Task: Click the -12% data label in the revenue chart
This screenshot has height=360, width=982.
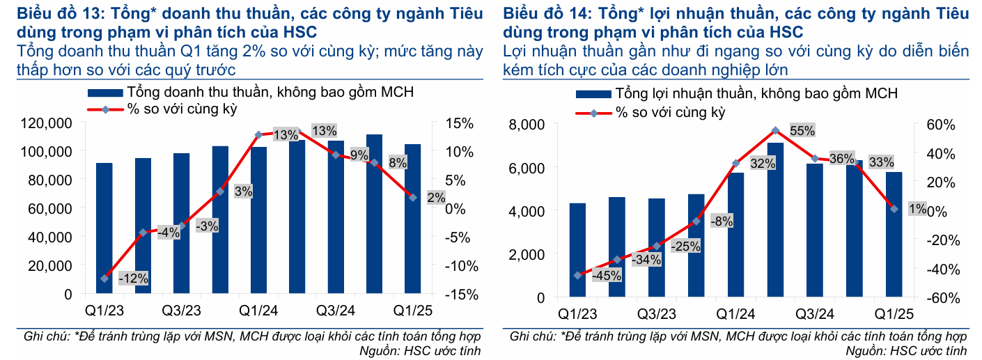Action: click(x=133, y=279)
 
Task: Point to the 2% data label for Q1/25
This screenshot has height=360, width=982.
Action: click(x=436, y=198)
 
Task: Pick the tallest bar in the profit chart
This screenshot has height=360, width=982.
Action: click(x=775, y=219)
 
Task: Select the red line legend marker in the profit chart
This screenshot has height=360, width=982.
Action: click(x=593, y=113)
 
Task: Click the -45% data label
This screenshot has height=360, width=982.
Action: click(x=606, y=275)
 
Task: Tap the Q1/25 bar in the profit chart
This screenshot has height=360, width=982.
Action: click(x=894, y=234)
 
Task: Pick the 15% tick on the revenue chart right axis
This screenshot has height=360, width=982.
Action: click(x=458, y=123)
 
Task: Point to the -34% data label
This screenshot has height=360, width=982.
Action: click(x=646, y=260)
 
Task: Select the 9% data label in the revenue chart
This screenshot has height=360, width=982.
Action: click(x=359, y=155)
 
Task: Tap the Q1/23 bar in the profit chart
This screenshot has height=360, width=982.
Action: click(x=577, y=250)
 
